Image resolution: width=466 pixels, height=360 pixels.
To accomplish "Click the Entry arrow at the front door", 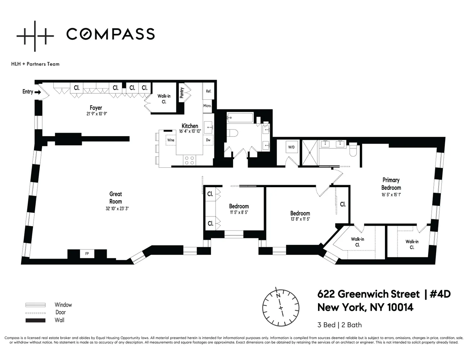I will click(x=37, y=92).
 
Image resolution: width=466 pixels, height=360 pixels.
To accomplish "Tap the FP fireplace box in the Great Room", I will click(x=87, y=254).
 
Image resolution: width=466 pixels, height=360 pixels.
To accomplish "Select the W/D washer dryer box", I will click(x=291, y=147).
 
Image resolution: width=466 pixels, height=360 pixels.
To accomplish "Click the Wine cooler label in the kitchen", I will click(x=170, y=140).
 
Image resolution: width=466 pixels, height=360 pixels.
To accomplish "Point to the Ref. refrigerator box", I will click(x=209, y=91).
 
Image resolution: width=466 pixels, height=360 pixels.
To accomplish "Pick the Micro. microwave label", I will click(x=207, y=106).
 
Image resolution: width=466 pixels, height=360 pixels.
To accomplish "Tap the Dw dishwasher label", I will click(x=208, y=140).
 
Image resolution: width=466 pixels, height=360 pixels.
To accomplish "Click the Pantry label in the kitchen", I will click(x=182, y=93).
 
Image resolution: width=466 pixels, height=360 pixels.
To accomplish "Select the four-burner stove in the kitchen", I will click(x=189, y=160).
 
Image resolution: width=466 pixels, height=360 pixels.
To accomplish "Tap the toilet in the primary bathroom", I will click(x=353, y=150).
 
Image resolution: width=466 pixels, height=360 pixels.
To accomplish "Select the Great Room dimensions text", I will click(x=116, y=208).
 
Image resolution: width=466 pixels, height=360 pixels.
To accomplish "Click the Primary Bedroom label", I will click(x=391, y=184).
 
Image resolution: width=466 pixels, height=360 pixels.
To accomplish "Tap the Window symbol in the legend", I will click(x=35, y=305).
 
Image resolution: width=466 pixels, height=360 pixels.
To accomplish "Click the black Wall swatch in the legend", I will click(x=35, y=320).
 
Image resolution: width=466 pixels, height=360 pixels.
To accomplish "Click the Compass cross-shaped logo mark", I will click(x=35, y=35).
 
